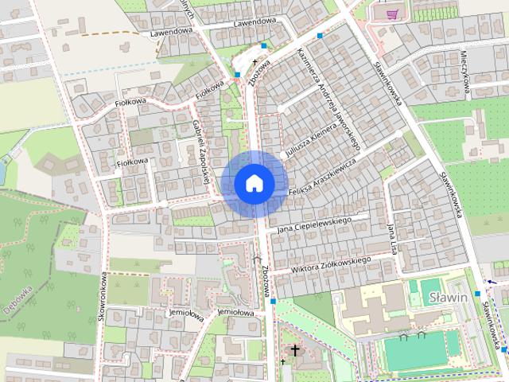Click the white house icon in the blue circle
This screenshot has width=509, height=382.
coord(254,183)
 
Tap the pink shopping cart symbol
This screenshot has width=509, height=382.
coord(391,14)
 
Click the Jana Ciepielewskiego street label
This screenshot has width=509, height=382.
coord(314,224)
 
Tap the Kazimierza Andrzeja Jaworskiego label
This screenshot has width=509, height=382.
coord(329,99)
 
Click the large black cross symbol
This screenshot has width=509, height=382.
coord(295,350)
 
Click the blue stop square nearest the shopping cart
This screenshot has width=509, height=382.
coord(320,36)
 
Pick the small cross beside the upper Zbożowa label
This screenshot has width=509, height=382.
coord(255,61)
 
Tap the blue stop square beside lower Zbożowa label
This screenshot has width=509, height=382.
coord(272,302)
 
